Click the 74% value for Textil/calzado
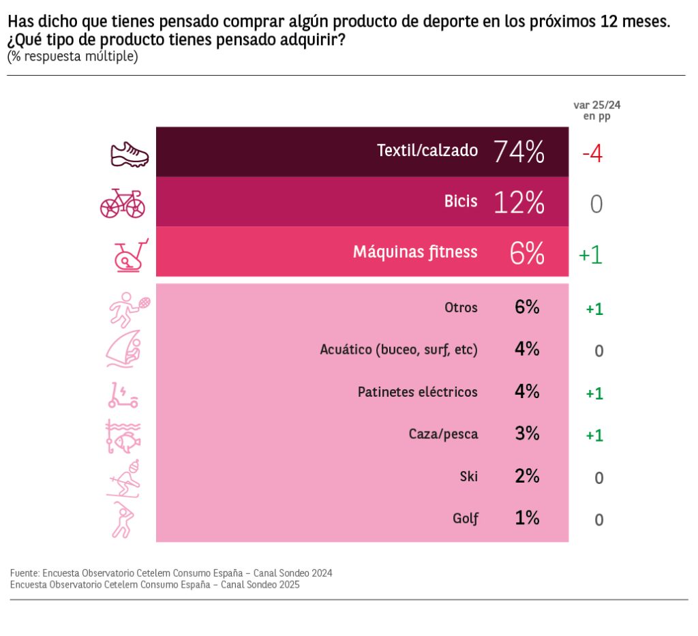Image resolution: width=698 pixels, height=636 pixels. (x=519, y=151)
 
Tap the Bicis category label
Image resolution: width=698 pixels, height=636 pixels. (x=461, y=202)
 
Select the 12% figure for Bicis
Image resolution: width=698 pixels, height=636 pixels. (x=519, y=202)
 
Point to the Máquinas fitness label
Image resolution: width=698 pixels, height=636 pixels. (x=415, y=252)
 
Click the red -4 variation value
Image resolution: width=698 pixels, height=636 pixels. (x=592, y=153)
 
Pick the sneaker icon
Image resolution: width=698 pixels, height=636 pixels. (x=130, y=155)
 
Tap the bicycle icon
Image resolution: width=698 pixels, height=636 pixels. (x=123, y=203)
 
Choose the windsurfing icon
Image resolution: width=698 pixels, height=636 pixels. (x=124, y=350)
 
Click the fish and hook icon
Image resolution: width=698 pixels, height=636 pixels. (x=123, y=437)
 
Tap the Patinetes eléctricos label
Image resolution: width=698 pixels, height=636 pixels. (x=417, y=392)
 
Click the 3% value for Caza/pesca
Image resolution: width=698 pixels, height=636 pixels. (x=528, y=434)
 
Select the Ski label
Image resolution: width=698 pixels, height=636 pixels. (x=469, y=476)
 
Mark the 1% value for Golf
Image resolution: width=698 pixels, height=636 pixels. (x=528, y=518)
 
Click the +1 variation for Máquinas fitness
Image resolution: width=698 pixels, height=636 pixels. (x=590, y=254)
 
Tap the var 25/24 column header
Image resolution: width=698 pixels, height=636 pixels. (x=596, y=110)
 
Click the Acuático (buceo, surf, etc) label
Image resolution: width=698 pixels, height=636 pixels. (x=399, y=350)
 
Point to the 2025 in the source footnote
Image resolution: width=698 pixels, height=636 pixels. (x=289, y=585)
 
